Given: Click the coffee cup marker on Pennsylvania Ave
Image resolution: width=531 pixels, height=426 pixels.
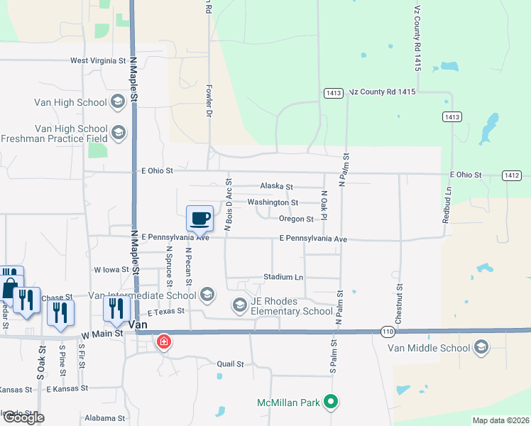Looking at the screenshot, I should (x=199, y=218).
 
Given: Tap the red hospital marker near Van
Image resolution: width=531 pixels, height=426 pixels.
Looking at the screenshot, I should (x=164, y=342).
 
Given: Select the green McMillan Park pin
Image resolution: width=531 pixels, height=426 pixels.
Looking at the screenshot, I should (x=330, y=403).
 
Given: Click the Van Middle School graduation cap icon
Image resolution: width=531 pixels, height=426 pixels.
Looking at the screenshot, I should (x=481, y=347).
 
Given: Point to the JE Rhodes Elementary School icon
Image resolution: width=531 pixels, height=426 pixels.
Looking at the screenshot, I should (x=239, y=305).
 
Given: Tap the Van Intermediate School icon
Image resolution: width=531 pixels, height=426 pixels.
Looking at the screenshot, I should (x=207, y=295).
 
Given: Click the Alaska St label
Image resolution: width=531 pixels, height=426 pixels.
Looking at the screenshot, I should (x=276, y=186).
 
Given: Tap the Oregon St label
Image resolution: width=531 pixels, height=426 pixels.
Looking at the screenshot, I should (x=296, y=219).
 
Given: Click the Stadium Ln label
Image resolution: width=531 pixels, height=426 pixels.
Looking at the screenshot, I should (x=283, y=277).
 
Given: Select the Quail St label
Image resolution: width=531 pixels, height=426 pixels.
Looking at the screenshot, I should (x=230, y=364).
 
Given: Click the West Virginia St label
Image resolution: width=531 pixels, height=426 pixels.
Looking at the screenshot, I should (x=98, y=61).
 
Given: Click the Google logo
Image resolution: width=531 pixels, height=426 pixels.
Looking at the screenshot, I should (x=23, y=417).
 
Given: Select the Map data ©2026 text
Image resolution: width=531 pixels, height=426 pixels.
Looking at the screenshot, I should (x=500, y=420).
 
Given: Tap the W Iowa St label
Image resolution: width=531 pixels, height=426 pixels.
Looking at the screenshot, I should (x=111, y=270).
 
